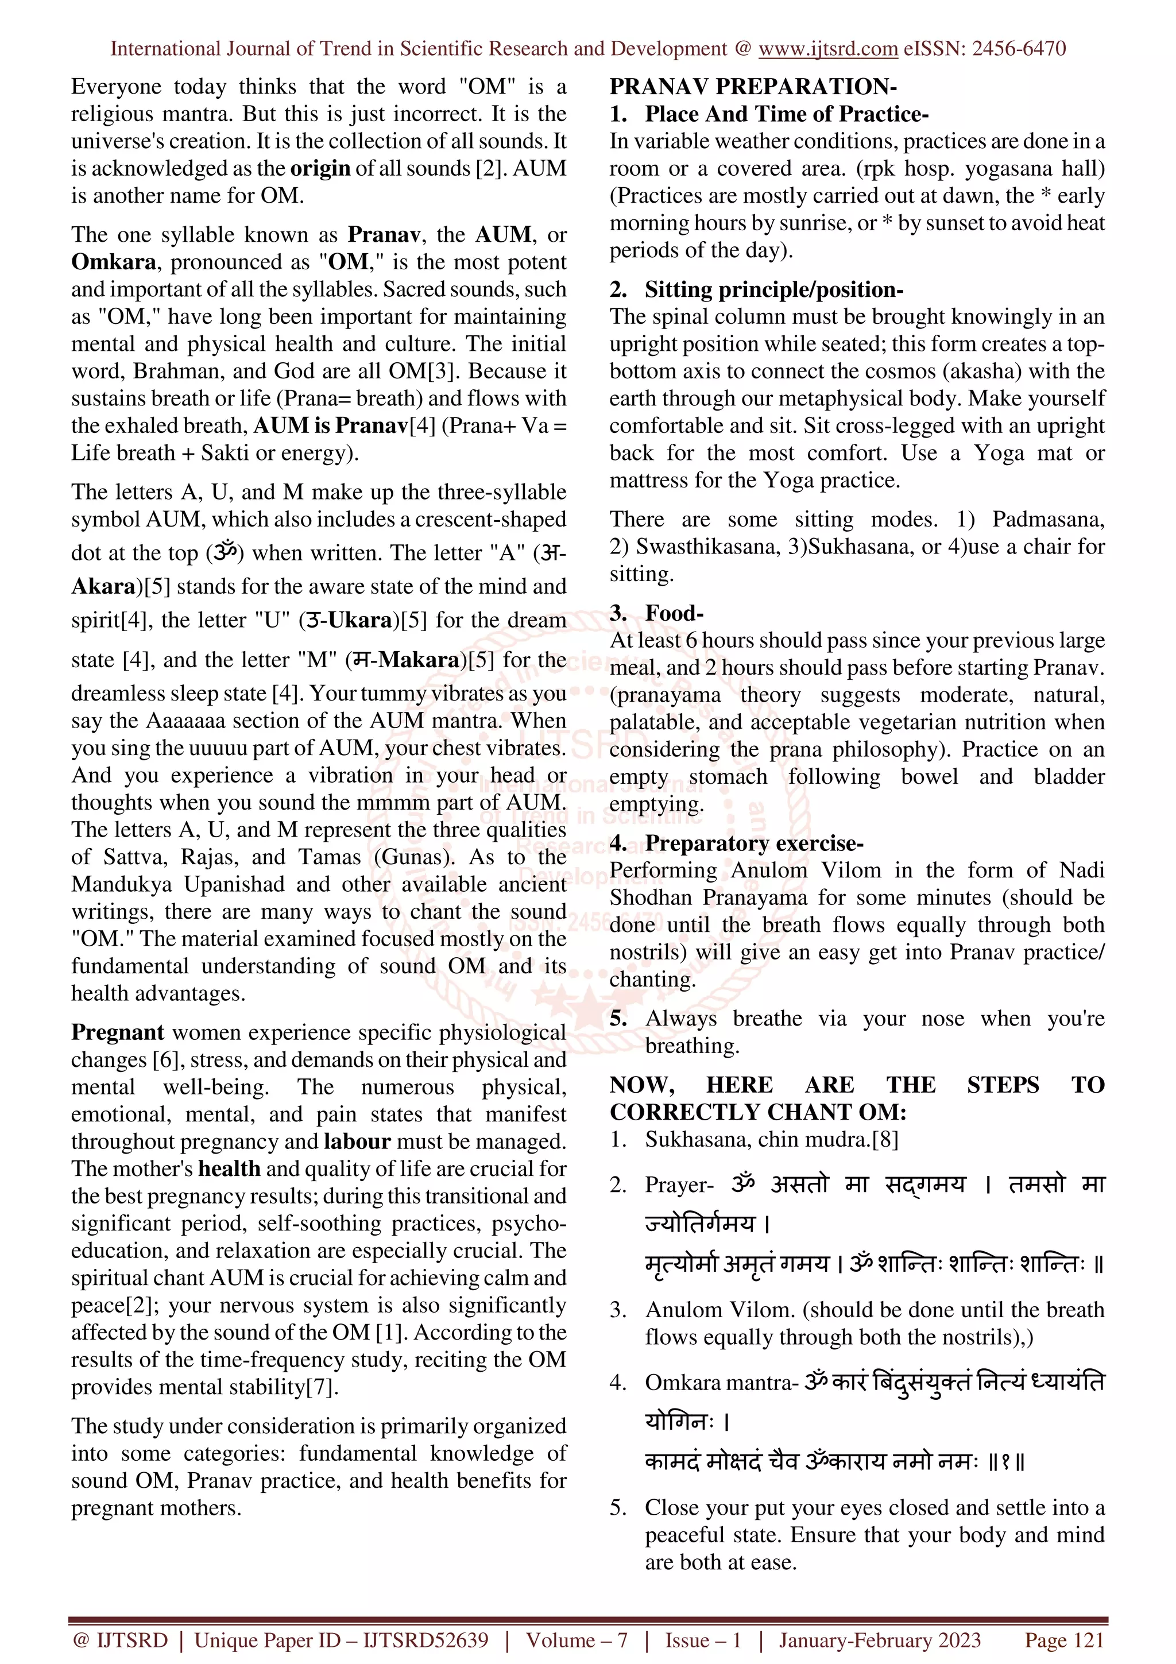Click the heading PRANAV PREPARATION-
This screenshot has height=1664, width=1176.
coord(753,86)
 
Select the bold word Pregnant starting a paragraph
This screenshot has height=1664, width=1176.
coord(117,1032)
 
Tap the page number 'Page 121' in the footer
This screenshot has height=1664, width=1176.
coord(1063,1640)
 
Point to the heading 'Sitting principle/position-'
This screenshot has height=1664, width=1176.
coord(774,290)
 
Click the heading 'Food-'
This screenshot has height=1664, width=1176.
coord(674,613)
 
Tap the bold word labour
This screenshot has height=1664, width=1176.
coord(357,1141)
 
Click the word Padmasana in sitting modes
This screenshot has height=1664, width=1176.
coord(1046,519)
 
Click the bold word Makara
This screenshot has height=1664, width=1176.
coord(419,660)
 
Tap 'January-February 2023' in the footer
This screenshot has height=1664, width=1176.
coord(879,1640)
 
